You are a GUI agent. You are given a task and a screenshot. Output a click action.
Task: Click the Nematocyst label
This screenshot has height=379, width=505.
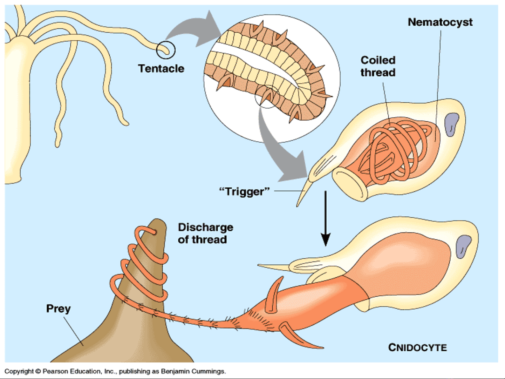click(x=440, y=22)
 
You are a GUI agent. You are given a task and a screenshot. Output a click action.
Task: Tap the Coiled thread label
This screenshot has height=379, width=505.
click(x=378, y=66)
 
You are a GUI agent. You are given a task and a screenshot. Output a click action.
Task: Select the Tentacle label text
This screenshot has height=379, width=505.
click(x=161, y=68)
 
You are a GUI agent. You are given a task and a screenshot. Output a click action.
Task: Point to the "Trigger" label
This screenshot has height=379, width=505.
click(x=244, y=191)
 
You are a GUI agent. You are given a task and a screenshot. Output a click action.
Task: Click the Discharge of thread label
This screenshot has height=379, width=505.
click(x=205, y=233)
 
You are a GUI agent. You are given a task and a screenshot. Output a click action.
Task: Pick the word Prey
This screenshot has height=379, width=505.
click(x=58, y=309)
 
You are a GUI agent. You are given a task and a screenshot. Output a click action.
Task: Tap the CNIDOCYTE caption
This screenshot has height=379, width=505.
click(x=417, y=347)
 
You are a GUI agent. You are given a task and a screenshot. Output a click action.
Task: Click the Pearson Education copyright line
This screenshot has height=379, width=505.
click(x=115, y=371)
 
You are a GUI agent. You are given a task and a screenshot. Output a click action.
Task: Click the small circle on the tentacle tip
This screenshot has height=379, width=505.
click(x=165, y=50)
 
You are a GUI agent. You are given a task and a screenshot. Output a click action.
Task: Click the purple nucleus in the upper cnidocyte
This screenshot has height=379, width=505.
click(x=451, y=124)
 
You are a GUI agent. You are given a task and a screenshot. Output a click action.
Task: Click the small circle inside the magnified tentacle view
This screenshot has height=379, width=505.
click(x=267, y=96)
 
